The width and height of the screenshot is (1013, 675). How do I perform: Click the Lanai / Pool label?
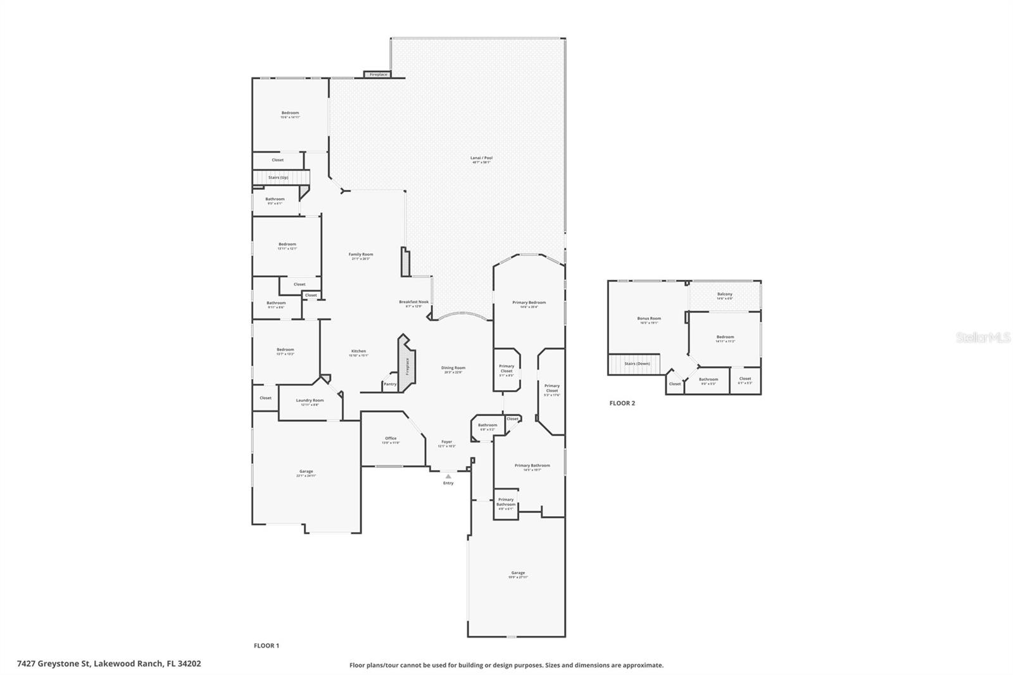[x=481, y=158]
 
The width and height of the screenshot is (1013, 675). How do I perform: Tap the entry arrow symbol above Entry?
[x=448, y=476]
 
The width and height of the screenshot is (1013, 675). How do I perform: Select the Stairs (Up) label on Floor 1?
[x=278, y=177]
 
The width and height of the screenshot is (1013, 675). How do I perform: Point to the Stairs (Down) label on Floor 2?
[x=637, y=363]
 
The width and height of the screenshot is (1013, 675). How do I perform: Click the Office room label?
[x=391, y=438]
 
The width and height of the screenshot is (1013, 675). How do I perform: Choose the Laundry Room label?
[x=310, y=400]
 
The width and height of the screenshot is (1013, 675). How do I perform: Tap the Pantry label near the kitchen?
[x=390, y=384]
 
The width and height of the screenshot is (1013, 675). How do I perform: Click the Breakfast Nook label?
[x=413, y=302]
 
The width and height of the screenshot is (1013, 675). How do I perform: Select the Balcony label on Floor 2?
[x=725, y=294]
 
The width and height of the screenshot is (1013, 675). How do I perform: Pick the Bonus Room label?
[x=649, y=319]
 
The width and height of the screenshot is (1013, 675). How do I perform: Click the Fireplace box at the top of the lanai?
[x=379, y=75]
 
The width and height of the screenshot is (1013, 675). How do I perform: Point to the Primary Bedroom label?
[x=529, y=303]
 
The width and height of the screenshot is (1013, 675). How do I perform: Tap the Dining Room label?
[x=453, y=368]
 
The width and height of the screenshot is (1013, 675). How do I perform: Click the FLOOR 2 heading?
[x=622, y=403]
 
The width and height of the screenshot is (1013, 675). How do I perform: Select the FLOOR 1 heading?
[x=266, y=646]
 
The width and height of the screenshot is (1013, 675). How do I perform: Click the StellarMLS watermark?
[x=983, y=338]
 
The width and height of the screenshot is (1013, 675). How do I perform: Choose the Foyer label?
[x=446, y=442]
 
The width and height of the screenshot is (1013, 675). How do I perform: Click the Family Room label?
[x=361, y=255]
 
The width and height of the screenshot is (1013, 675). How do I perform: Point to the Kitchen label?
[x=358, y=351]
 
